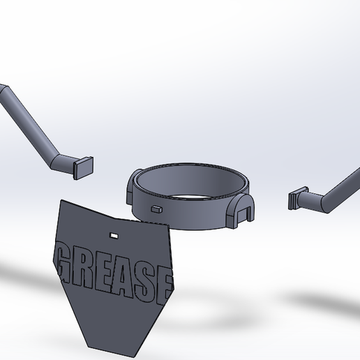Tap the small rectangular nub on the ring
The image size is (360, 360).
click(157, 207)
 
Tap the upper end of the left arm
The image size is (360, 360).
click(3, 91)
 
